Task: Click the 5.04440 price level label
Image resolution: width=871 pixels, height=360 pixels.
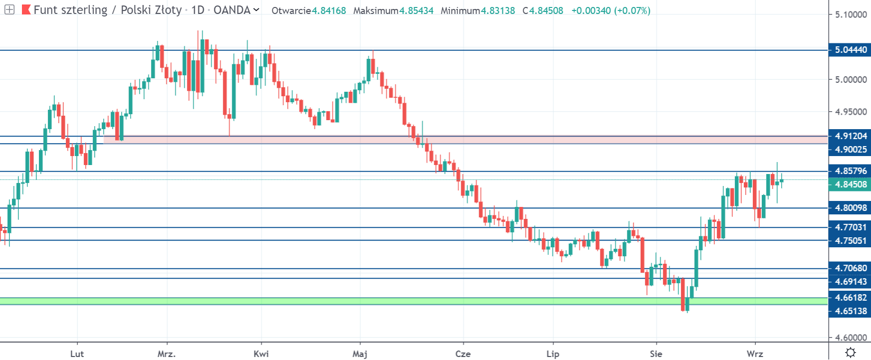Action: (x=851, y=50)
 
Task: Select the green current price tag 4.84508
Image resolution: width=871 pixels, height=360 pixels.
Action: (x=851, y=184)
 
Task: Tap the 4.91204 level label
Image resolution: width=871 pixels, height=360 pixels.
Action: (x=851, y=136)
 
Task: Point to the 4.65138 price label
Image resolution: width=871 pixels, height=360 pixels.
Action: (x=851, y=311)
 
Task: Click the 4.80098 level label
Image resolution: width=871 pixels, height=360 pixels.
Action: (x=851, y=208)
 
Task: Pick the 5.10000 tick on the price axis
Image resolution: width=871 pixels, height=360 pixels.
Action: (x=851, y=14)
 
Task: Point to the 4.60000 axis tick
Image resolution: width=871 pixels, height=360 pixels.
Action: (x=851, y=338)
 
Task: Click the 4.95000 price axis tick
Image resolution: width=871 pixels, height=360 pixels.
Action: (x=851, y=112)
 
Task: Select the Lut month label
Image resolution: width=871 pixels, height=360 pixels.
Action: (x=77, y=354)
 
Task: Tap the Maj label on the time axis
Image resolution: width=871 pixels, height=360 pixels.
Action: (x=359, y=354)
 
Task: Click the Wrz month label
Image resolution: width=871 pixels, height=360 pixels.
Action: (x=754, y=354)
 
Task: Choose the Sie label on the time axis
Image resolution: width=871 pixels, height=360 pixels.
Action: (x=656, y=354)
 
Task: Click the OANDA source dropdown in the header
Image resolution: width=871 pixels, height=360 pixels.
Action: (x=236, y=10)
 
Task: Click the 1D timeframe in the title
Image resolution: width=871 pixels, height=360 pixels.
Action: (x=198, y=10)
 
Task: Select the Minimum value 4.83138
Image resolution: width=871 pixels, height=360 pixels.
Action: (x=498, y=10)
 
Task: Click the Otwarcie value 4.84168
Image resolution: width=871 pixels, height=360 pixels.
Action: (x=329, y=10)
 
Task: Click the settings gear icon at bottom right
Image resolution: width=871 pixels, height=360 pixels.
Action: (x=851, y=353)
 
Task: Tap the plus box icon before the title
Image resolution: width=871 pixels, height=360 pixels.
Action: (x=9, y=9)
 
